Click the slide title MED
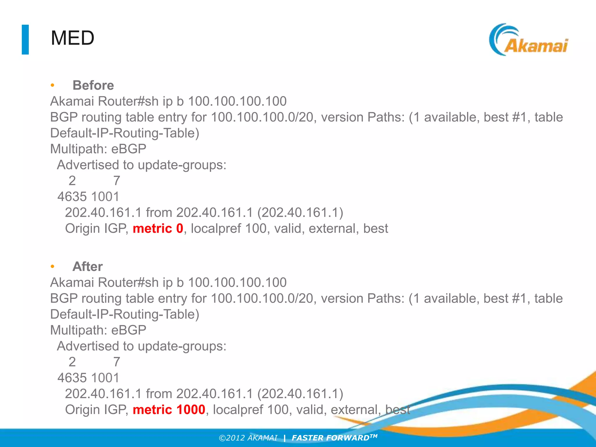(x=72, y=38)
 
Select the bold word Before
(x=93, y=86)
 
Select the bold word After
(x=87, y=267)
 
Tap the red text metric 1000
(x=169, y=410)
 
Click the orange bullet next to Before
(x=52, y=86)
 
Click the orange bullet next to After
(x=52, y=267)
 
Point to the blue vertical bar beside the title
(x=25, y=40)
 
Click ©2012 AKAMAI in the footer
(x=248, y=438)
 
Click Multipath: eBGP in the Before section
(x=98, y=149)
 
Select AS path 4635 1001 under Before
(x=88, y=197)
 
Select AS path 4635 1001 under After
(x=88, y=378)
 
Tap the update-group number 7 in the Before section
(x=117, y=181)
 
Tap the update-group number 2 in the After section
(x=72, y=362)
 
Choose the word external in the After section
(x=356, y=410)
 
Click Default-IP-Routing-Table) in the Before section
(x=125, y=133)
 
